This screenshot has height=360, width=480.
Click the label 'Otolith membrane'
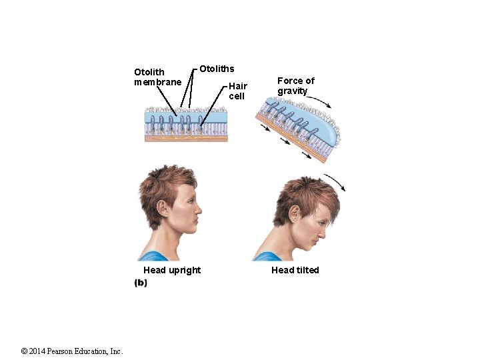click(157, 77)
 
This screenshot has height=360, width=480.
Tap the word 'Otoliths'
click(217, 69)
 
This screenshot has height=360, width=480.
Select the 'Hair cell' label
click(237, 91)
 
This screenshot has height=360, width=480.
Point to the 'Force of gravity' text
click(295, 85)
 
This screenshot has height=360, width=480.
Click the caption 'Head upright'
click(171, 270)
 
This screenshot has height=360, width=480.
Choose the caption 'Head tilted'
click(295, 270)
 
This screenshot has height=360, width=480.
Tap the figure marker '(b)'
click(141, 283)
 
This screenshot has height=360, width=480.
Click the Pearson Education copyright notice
click(72, 351)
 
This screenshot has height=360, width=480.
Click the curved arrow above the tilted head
click(336, 181)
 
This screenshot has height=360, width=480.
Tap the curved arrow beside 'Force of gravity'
click(318, 101)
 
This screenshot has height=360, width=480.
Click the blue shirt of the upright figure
click(155, 256)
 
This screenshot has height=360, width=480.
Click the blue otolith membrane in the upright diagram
click(186, 116)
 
